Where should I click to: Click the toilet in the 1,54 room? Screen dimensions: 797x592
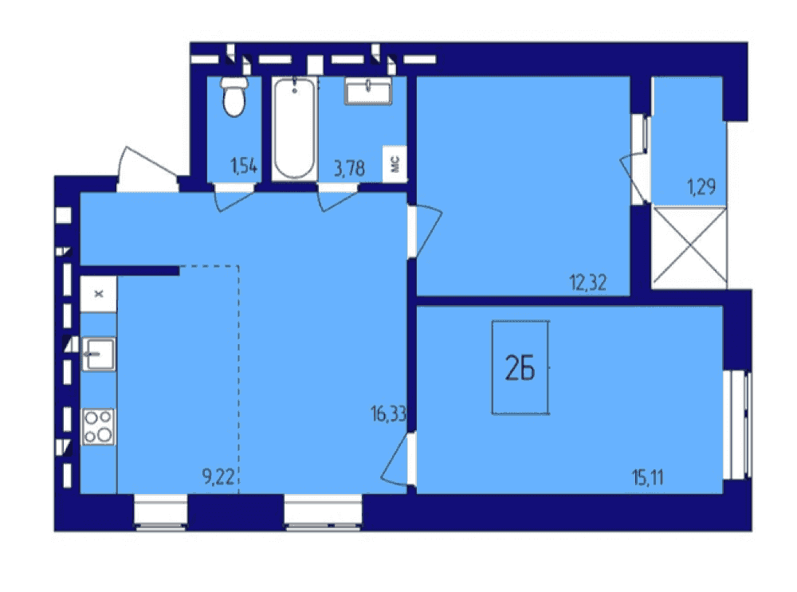[x=234, y=96]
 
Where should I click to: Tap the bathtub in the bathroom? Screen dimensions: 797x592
[x=294, y=128]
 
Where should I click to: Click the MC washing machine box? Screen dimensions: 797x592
[x=395, y=163]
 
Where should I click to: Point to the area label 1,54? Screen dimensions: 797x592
[x=244, y=167]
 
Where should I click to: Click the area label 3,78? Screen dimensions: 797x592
[x=349, y=168]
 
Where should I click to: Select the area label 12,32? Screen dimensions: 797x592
[x=588, y=282]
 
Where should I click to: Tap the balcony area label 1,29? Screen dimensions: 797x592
[x=702, y=187]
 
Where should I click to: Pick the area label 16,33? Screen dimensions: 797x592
[x=389, y=414]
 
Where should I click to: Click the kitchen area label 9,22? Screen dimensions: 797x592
[x=218, y=476]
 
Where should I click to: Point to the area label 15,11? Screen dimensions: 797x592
[x=648, y=478]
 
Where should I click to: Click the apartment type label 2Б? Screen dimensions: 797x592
[x=520, y=368]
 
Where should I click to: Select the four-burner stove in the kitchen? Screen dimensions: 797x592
[x=99, y=427]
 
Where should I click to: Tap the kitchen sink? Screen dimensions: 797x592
[x=99, y=355]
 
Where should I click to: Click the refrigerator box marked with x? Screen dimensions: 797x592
[x=99, y=294]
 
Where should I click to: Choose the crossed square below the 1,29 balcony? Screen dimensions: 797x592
[x=689, y=246]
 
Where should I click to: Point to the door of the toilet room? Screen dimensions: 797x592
[x=234, y=198]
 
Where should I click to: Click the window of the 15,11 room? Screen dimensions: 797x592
[x=737, y=425]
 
